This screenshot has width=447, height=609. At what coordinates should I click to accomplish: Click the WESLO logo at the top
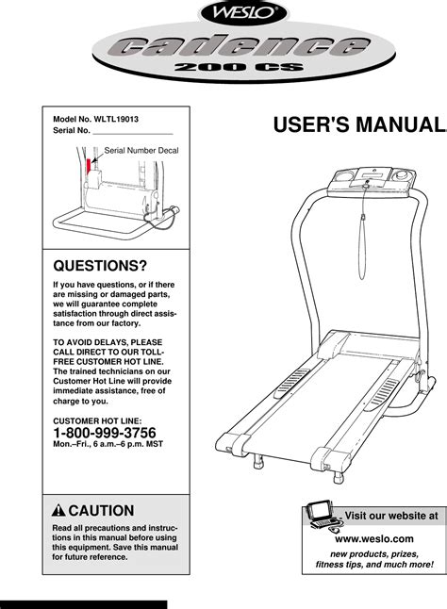click(x=242, y=12)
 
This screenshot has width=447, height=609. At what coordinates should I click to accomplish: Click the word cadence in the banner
click(x=243, y=46)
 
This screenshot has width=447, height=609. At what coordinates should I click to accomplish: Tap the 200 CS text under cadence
click(x=239, y=67)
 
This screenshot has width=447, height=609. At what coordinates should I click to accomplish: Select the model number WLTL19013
click(x=116, y=119)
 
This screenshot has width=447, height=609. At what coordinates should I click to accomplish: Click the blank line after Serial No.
click(x=133, y=134)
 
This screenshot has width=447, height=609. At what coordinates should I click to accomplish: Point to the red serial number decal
click(x=89, y=166)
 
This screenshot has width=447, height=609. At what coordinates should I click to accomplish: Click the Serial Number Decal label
click(x=141, y=150)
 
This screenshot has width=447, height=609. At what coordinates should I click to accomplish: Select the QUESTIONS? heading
click(x=100, y=266)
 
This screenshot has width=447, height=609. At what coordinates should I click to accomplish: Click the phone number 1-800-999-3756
click(x=105, y=433)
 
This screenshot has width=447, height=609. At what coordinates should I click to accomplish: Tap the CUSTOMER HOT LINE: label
click(x=97, y=420)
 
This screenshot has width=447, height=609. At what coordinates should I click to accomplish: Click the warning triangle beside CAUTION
click(x=58, y=510)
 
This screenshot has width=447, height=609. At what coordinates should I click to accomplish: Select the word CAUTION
click(x=101, y=510)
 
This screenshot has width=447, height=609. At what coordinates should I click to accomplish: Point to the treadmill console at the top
click(x=372, y=181)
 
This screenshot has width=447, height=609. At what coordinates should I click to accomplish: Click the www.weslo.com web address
click(x=374, y=538)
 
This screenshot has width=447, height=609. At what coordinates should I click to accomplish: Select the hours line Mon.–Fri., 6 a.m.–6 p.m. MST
click(x=108, y=444)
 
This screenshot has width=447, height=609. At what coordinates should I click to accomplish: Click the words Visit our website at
click(x=391, y=516)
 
